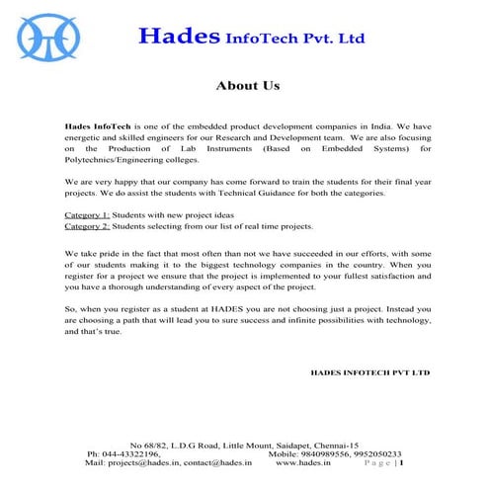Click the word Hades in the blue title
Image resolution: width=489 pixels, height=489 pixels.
click(x=178, y=37)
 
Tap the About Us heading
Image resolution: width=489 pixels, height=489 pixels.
click(x=248, y=86)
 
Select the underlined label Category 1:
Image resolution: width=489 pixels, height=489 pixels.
click(x=87, y=214)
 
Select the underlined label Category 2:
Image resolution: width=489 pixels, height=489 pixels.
click(x=87, y=225)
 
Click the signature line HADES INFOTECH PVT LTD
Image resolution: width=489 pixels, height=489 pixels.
click(x=370, y=373)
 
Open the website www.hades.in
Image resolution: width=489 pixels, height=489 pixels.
click(x=303, y=462)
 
